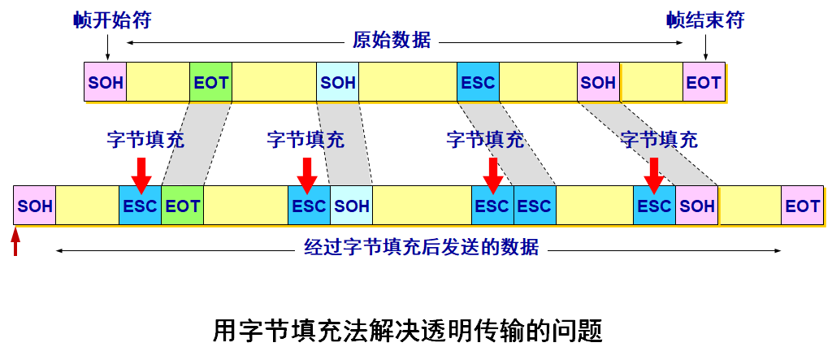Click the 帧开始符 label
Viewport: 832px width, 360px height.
tap(111, 20)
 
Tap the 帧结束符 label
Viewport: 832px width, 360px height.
tap(705, 20)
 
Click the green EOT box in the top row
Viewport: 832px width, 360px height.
tap(211, 82)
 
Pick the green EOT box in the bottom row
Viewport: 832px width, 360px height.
tap(183, 206)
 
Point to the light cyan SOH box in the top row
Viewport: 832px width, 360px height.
tap(338, 82)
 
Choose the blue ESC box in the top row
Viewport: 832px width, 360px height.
tap(478, 82)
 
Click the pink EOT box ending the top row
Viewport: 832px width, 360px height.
tap(704, 82)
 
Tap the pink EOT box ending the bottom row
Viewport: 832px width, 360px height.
tap(802, 206)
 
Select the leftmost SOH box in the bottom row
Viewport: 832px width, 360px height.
tap(35, 206)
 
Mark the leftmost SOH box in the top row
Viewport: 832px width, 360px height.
tap(106, 82)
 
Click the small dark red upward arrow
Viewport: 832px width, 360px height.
tap(15, 242)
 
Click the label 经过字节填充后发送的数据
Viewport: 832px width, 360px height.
tap(421, 247)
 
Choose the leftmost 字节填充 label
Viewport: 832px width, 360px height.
tap(145, 140)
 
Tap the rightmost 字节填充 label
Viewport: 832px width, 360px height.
tap(659, 140)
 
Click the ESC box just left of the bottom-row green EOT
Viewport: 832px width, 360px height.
tap(141, 206)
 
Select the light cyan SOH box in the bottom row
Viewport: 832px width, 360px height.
tap(352, 206)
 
